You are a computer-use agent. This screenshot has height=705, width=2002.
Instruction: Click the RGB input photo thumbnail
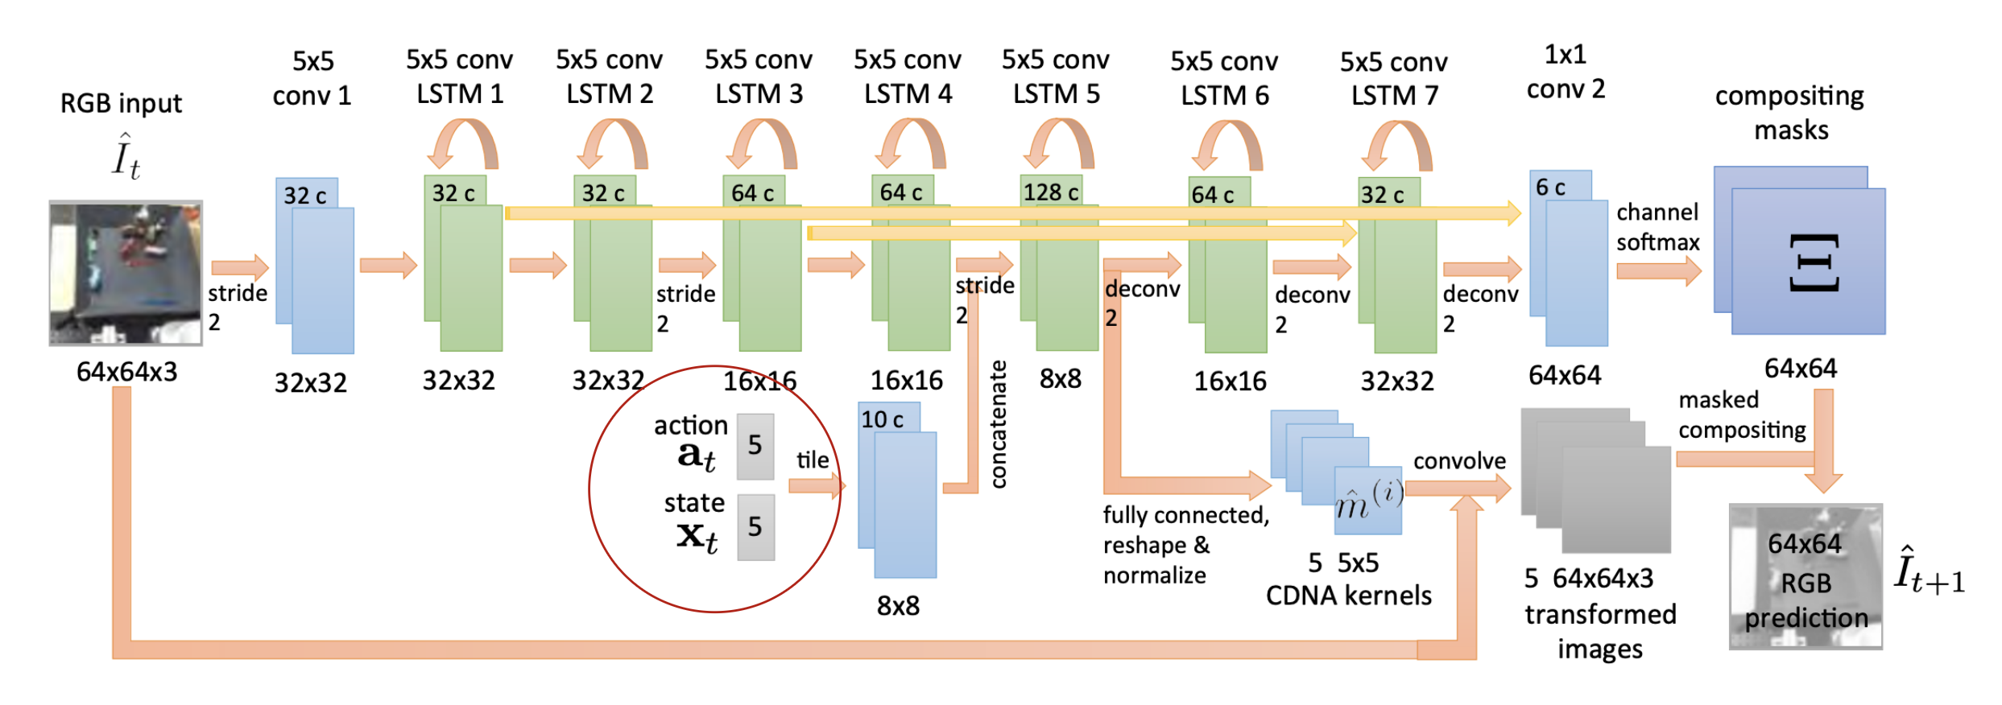tap(126, 273)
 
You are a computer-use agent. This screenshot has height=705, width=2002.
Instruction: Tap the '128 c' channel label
tap(1051, 192)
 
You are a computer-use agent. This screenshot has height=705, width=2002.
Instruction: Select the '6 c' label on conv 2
tap(1550, 188)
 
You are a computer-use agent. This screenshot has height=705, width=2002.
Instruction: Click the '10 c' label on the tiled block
tap(882, 419)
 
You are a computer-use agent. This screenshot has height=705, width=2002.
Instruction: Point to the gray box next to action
tap(755, 446)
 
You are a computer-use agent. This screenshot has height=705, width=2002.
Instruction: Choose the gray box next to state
tap(755, 527)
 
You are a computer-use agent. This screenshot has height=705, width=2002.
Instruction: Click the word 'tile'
tap(813, 460)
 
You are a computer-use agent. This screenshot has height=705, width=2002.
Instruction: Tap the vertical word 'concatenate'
tap(999, 424)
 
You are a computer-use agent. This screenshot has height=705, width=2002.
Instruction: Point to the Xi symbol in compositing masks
tap(1814, 262)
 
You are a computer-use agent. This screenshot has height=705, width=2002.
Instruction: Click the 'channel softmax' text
tap(1657, 227)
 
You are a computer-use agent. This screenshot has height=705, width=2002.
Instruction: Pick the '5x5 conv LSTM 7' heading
tap(1394, 79)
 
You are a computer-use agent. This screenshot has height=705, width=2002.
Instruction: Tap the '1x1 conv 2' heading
tap(1566, 72)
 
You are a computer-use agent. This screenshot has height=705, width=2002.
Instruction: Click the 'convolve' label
tap(1459, 461)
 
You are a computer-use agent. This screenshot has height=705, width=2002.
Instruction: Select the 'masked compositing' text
tap(1741, 415)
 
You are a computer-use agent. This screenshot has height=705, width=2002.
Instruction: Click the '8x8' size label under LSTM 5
tap(1061, 379)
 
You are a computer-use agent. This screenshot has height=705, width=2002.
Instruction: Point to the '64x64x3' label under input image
tap(126, 373)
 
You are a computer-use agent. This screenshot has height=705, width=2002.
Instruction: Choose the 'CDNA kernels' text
tap(1349, 596)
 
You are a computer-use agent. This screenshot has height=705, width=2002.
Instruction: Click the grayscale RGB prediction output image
tap(1806, 576)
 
